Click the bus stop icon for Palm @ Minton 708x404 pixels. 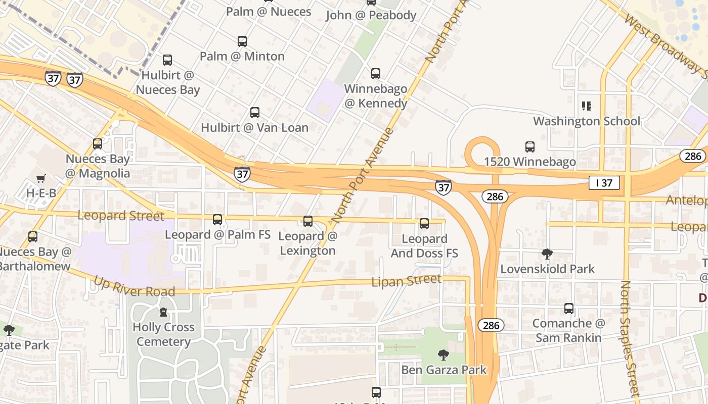(242, 41)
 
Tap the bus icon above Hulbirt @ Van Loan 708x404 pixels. (255, 113)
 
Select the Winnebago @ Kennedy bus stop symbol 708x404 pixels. (376, 74)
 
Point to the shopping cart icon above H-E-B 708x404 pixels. (41, 178)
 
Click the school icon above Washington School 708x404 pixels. (587, 106)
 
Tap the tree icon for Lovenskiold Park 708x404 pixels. (547, 254)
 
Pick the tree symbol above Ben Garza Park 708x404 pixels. (444, 355)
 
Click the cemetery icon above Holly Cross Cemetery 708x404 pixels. (163, 312)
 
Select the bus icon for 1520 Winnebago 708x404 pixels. (529, 147)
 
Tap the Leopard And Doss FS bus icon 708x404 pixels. (424, 223)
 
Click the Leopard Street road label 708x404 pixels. (121, 216)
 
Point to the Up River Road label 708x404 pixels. (135, 286)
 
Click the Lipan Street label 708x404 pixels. (407, 280)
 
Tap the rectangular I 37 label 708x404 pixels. (604, 183)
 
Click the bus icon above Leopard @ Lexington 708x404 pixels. (307, 221)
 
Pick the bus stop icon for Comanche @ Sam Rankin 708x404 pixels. (569, 308)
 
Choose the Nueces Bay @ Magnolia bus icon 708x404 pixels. (98, 144)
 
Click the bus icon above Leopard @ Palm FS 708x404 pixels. (217, 220)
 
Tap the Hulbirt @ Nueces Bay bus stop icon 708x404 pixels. (167, 60)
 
